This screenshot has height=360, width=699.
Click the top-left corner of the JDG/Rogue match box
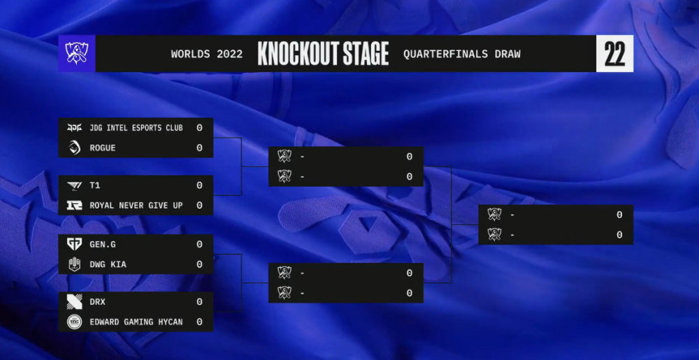(x=59, y=117)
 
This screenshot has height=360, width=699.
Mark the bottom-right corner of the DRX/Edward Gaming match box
(x=213, y=331)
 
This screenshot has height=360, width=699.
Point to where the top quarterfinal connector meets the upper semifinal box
(x=268, y=166)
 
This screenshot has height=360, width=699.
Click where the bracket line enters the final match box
(x=478, y=224)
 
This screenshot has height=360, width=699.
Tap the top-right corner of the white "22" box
(x=633, y=35)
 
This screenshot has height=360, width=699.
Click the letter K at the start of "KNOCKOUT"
(x=263, y=53)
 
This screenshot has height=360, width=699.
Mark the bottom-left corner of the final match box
(x=478, y=244)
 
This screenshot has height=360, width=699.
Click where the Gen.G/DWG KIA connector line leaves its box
(x=213, y=254)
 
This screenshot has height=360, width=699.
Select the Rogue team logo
(x=74, y=147)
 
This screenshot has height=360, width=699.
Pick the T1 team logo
(x=74, y=185)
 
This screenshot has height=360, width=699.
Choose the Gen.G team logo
(x=74, y=244)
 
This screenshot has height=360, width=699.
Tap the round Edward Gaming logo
(x=74, y=322)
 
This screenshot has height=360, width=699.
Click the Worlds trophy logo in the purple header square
(x=77, y=53)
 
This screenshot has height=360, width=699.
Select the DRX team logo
(x=74, y=302)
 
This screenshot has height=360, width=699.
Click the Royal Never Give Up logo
(x=74, y=206)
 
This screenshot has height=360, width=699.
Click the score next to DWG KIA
(x=199, y=264)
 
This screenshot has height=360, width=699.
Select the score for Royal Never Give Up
(x=199, y=206)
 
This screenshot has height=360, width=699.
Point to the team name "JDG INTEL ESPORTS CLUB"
(x=136, y=128)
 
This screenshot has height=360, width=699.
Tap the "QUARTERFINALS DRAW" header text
(x=462, y=54)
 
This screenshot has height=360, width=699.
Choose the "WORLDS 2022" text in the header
(x=207, y=54)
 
